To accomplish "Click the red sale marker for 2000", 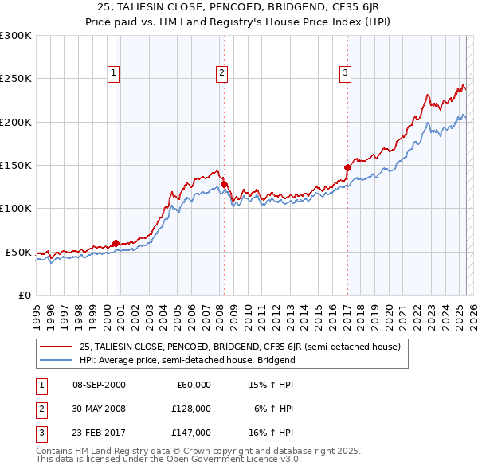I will click(116, 243).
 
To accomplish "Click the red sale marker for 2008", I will click(225, 184).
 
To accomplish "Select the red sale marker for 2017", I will click(347, 167).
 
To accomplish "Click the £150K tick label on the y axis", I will click(16, 166).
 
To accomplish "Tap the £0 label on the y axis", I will click(25, 295).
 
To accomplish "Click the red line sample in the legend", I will click(57, 347).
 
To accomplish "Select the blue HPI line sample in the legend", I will click(57, 360).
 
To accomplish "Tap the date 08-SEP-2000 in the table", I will click(99, 385).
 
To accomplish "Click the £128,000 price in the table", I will click(190, 409).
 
